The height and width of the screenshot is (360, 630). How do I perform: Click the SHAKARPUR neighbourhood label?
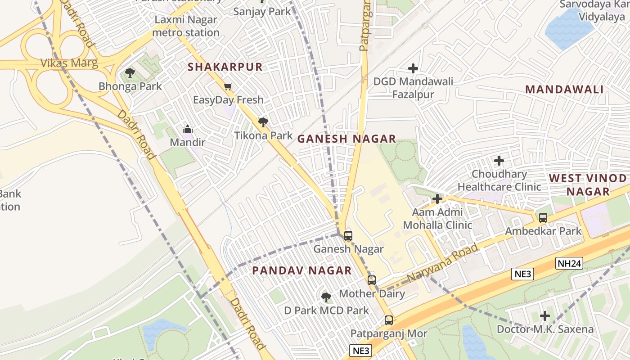point(225,67)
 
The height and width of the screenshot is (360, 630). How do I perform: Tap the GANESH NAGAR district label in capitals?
point(346,139)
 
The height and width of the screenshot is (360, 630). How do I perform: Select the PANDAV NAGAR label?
point(301,270)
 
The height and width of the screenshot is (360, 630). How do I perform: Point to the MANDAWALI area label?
point(564,90)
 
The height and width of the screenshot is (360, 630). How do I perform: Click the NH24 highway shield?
point(569,264)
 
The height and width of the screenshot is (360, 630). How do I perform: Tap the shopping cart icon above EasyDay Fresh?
point(228,86)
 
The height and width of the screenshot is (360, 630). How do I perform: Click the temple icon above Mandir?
point(188,130)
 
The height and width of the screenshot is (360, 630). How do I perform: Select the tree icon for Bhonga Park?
point(130,72)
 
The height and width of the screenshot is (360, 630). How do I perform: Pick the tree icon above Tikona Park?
point(263,122)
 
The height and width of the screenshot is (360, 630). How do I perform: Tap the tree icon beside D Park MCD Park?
point(326,297)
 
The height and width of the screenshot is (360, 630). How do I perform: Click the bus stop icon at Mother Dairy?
point(372,280)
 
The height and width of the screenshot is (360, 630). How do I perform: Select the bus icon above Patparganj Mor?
point(389,320)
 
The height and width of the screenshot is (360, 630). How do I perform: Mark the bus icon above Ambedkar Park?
point(543,218)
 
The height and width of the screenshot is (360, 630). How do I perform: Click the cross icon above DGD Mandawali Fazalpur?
point(413,68)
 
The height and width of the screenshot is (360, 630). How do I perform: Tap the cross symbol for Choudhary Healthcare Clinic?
point(499,160)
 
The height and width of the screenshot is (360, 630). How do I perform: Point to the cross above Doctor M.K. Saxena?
point(545,316)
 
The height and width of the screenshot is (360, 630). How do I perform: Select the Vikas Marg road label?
point(69,63)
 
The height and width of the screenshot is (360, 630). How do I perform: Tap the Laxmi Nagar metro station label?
point(186,26)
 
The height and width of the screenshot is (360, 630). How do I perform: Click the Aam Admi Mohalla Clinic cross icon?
point(437,198)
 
